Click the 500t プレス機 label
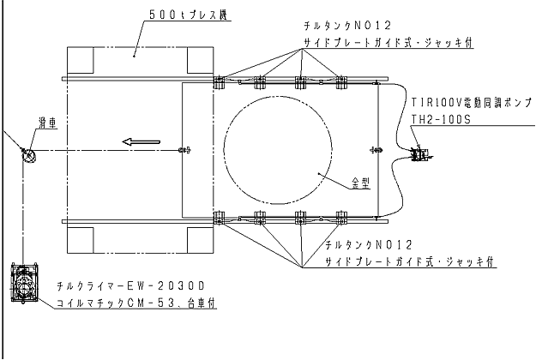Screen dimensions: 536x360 [x=188, y=15]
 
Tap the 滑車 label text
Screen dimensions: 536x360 [x=47, y=123]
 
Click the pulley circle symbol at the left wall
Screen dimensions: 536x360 [x=29, y=156]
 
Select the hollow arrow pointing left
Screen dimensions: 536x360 [x=142, y=141]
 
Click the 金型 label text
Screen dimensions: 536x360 [x=361, y=183]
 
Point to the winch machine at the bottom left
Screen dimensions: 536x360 [x=24, y=283]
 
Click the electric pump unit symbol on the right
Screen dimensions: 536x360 [x=420, y=154]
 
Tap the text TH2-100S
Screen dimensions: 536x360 [x=441, y=119]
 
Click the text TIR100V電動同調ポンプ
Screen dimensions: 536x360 [x=472, y=102]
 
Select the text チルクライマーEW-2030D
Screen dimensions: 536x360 [x=130, y=285]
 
